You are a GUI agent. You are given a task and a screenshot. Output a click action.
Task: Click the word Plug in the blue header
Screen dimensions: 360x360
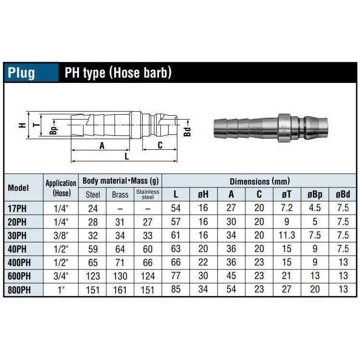click(22, 73)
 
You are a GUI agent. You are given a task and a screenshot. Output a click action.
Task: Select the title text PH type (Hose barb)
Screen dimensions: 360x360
click(118, 73)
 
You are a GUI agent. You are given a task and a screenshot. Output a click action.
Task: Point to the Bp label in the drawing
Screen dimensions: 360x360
click(53, 130)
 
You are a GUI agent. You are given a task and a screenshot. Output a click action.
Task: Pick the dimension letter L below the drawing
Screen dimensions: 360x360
click(126, 156)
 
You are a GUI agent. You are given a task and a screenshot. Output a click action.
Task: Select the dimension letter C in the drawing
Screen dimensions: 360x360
click(160, 145)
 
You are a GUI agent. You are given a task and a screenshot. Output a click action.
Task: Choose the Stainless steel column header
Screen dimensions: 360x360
click(147, 194)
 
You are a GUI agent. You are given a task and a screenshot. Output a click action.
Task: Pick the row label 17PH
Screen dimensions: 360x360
click(18, 209)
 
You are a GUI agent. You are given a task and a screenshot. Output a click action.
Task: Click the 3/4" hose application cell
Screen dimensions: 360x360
click(61, 277)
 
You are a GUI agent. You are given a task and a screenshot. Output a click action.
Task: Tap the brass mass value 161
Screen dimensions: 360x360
click(120, 290)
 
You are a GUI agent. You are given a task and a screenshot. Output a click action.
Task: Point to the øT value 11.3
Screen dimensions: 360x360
click(287, 236)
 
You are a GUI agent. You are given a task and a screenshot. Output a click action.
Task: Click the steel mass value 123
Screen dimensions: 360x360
click(93, 277)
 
